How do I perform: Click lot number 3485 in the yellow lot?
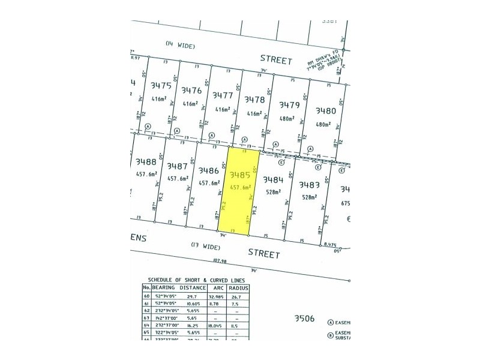pyautogui.click(x=239, y=175)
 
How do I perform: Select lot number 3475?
pyautogui.click(x=161, y=86)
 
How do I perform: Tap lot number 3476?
pyautogui.click(x=191, y=90)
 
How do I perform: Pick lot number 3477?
pyautogui.click(x=223, y=95)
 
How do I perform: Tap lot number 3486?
pyautogui.click(x=208, y=170)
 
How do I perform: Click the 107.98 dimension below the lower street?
pyautogui.click(x=222, y=260)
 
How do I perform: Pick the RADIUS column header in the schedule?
pyautogui.click(x=238, y=288)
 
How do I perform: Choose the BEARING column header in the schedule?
pyautogui.click(x=164, y=288)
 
